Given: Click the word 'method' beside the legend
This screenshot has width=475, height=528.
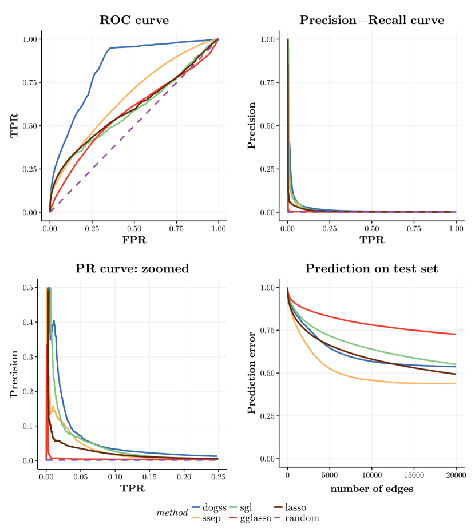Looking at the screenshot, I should click(172, 513).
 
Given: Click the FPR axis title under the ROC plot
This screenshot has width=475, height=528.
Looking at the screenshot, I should click(134, 240).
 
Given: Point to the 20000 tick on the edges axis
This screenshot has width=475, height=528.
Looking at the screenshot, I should click(456, 474).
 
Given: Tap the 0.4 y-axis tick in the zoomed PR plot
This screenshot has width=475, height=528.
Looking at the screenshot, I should click(27, 322).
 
